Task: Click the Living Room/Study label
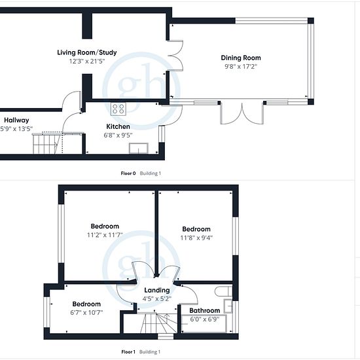[x=87, y=52]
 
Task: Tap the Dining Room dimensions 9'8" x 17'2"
[x=241, y=67]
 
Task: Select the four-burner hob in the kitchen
[x=118, y=109]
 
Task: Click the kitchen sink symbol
[x=139, y=149]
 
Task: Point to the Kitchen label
[x=118, y=126]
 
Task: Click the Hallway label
[x=16, y=120]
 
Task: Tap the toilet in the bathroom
[x=223, y=291]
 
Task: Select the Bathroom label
[x=205, y=311]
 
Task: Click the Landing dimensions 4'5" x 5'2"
[x=157, y=299]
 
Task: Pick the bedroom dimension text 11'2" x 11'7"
[x=105, y=235]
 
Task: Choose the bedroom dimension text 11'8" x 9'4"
[x=196, y=238]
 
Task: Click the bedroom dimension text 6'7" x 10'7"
[x=86, y=313]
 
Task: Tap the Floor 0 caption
[x=128, y=173]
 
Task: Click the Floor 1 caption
[x=128, y=351]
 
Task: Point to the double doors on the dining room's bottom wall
[x=242, y=113]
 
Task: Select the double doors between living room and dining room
[x=175, y=56]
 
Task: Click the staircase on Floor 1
[x=158, y=323]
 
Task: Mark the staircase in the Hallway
[x=48, y=144]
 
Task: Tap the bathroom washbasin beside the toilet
[x=228, y=306]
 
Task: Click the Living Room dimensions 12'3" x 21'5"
[x=87, y=62]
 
